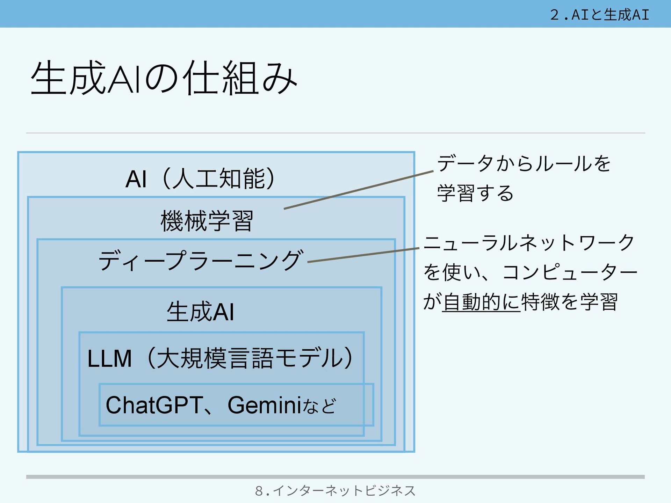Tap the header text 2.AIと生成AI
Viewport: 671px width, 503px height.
599,15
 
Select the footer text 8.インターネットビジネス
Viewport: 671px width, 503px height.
335,491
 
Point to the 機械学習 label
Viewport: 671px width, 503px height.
207,221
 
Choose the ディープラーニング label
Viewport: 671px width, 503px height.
200,261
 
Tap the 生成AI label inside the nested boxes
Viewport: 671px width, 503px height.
200,312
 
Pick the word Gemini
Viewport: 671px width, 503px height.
264,405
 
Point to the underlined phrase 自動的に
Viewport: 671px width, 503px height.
481,302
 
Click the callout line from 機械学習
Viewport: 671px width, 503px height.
359,190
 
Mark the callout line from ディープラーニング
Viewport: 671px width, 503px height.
363,255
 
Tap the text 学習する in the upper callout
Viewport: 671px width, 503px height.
475,193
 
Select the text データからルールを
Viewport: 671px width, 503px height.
524,163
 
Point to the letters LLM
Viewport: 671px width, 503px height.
109,359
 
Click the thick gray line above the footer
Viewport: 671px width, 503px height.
335,477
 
